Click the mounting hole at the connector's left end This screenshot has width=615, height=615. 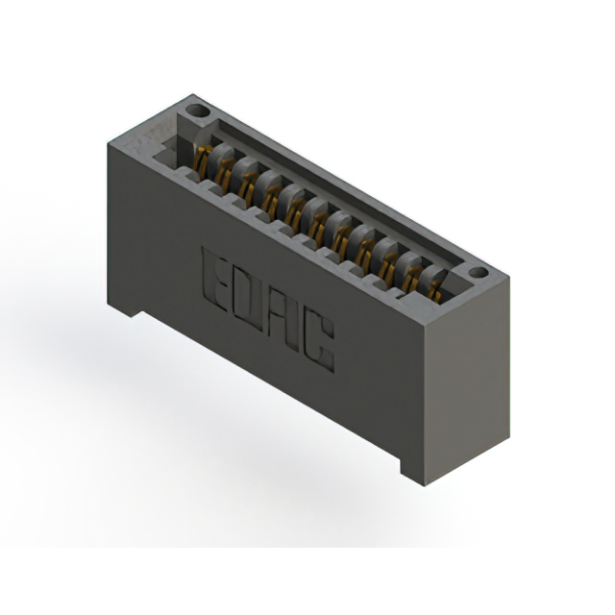coord(197,111)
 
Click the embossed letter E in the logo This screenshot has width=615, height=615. coord(213,278)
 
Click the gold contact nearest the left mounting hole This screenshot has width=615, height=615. coord(202,160)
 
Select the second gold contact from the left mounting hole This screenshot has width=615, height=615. coord(224,173)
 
